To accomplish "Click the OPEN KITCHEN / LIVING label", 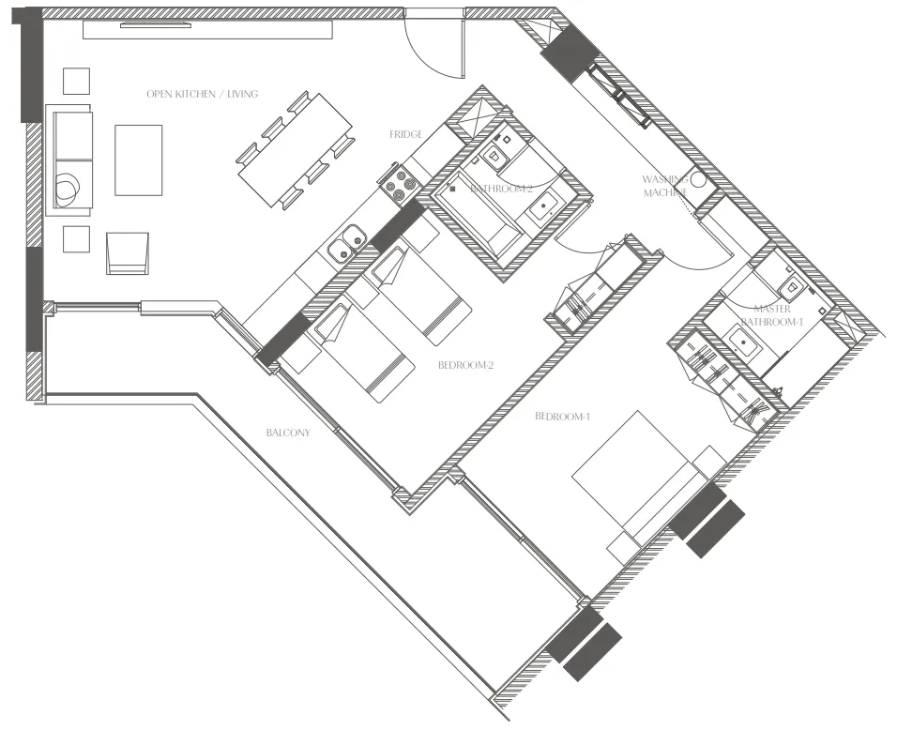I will tap(202, 95).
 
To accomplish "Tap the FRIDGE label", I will tap(407, 135).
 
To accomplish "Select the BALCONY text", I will tap(287, 433).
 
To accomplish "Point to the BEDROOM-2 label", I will tap(465, 366).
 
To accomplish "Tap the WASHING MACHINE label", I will tap(666, 186).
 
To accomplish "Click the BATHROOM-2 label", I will tap(502, 190).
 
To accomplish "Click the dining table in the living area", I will tap(295, 150).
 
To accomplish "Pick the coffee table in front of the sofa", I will tap(139, 160).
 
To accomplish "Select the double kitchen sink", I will tap(345, 245).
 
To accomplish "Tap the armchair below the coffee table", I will tap(128, 253).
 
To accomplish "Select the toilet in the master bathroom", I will tap(789, 284).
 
